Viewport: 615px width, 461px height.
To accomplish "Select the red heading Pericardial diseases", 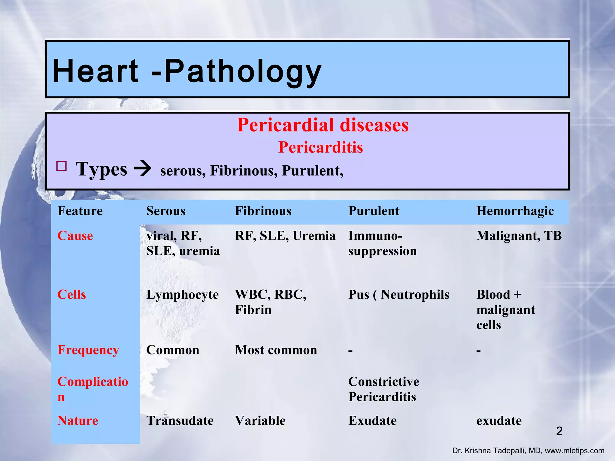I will (323, 125).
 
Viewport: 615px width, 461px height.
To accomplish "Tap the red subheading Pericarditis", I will (320, 147).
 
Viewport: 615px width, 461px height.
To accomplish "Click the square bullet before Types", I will (62, 166).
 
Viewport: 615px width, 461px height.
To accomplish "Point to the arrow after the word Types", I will (143, 169).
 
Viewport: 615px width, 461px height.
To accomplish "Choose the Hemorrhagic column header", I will (515, 211).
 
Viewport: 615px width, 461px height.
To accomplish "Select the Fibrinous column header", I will (263, 211).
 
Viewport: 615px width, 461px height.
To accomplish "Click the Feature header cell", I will (80, 211).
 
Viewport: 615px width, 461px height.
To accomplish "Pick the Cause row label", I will (75, 236).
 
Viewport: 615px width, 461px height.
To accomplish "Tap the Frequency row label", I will (88, 350).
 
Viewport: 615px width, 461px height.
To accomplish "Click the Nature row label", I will (78, 420).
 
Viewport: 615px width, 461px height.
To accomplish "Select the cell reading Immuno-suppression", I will (382, 243).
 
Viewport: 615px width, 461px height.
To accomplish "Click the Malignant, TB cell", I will (519, 236).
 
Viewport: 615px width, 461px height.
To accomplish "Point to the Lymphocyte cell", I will (182, 295).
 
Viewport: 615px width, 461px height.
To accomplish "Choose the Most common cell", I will (276, 350).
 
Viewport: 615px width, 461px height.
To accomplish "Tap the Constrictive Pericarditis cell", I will (383, 389).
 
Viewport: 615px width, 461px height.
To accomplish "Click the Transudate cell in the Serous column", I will (180, 420).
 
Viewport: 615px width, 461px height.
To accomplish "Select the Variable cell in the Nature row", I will (260, 420).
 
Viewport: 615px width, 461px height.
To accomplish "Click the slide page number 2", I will (559, 431).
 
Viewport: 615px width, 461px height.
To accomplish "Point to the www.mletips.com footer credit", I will (574, 451).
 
